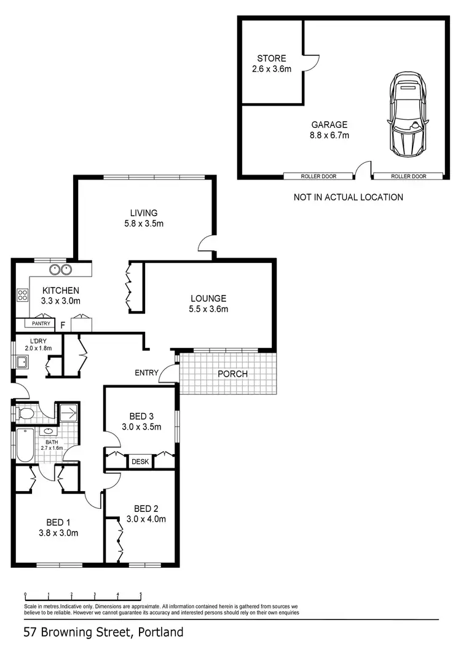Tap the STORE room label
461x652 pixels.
pyautogui.click(x=271, y=59)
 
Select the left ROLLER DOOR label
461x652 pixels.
pyautogui.click(x=318, y=176)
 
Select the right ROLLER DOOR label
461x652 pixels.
pyautogui.click(x=409, y=176)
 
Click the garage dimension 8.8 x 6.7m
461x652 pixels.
pyautogui.click(x=330, y=135)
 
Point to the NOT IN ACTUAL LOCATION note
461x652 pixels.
pyautogui.click(x=349, y=197)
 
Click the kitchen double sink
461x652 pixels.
pyautogui.click(x=60, y=269)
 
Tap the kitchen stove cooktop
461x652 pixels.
pyautogui.click(x=23, y=295)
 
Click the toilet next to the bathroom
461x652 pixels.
pyautogui.click(x=25, y=413)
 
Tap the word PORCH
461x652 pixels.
pyautogui.click(x=232, y=374)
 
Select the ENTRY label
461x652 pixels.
pyautogui.click(x=147, y=372)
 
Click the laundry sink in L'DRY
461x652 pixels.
pyautogui.click(x=20, y=363)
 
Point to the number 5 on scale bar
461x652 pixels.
pyautogui.click(x=141, y=594)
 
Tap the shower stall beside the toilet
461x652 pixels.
pyautogui.click(x=68, y=412)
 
